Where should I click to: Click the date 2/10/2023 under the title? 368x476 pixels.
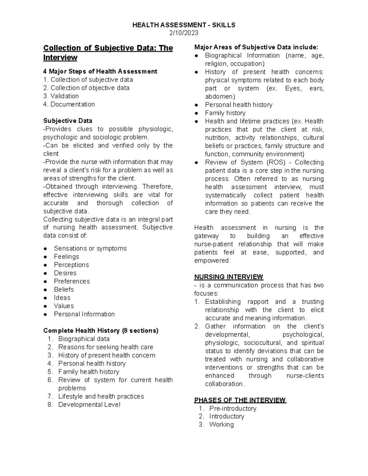(x=184, y=33)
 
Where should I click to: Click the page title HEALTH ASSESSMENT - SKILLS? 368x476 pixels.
(x=184, y=25)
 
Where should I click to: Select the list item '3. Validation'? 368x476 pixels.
(x=61, y=96)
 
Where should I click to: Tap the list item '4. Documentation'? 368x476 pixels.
(x=69, y=105)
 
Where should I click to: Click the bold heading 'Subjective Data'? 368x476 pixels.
(x=68, y=121)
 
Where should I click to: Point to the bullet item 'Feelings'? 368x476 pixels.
(x=66, y=257)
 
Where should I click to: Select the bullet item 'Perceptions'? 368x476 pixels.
(x=71, y=265)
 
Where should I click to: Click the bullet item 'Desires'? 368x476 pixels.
(x=65, y=273)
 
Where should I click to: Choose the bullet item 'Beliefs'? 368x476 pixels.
(x=64, y=290)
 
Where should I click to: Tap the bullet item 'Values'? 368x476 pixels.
(x=64, y=306)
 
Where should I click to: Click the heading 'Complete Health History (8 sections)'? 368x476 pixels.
(x=101, y=331)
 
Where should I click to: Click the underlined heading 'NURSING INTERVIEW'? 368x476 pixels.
(x=228, y=277)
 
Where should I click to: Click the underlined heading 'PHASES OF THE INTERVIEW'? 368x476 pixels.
(x=240, y=400)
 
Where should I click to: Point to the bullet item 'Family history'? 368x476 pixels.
(x=225, y=113)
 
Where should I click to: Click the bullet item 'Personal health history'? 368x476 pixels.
(x=239, y=105)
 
